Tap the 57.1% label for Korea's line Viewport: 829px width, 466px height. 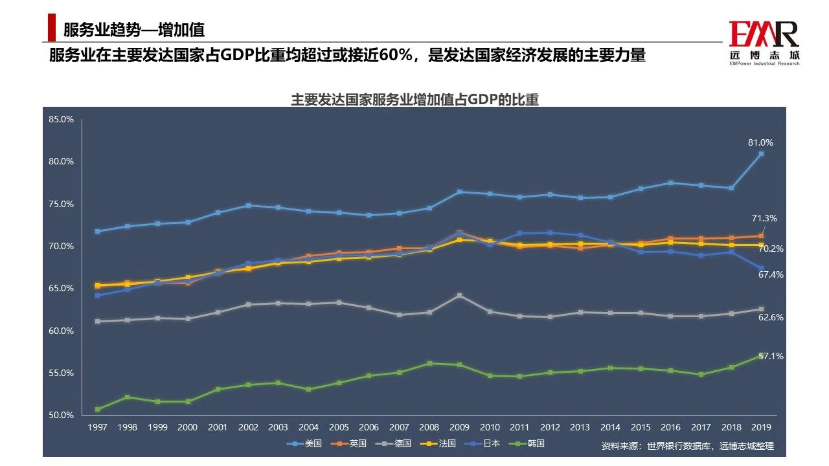(771, 356)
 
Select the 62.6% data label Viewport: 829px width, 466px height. (771, 317)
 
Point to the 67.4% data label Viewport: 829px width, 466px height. (771, 274)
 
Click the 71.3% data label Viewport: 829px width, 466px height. (765, 219)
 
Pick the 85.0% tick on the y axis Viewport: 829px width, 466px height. (61, 120)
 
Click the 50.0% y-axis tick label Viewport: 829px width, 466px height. (61, 416)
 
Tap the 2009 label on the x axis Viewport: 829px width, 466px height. (459, 428)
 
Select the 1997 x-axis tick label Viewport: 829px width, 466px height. (98, 428)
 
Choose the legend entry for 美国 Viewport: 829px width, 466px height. (305, 443)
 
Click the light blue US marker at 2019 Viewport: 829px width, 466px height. (761, 153)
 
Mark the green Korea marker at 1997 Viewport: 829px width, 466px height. (98, 409)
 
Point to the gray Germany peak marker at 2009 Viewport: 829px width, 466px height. (459, 295)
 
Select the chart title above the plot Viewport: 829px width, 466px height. (414, 100)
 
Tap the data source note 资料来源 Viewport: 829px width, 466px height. (687, 446)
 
